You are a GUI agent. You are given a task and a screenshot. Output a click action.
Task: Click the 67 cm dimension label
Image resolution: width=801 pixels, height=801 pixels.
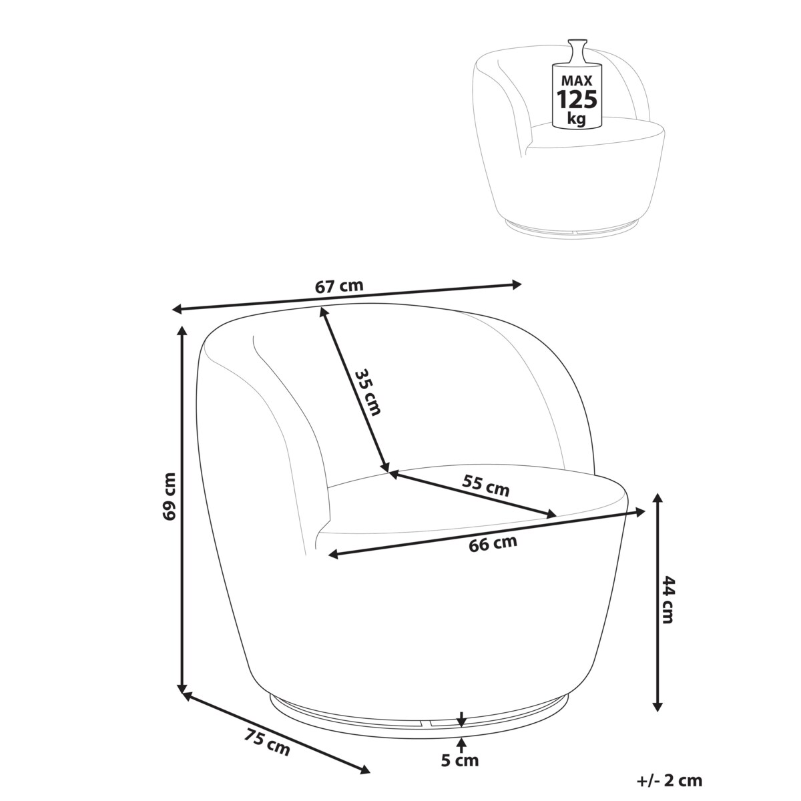[x=339, y=286]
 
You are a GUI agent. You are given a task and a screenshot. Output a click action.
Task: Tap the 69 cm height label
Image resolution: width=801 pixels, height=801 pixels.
[x=170, y=497]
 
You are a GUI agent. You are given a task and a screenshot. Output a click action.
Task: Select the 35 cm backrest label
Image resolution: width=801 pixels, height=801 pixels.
[x=367, y=392]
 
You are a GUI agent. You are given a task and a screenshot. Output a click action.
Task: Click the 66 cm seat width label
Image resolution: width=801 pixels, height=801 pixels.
[x=493, y=544]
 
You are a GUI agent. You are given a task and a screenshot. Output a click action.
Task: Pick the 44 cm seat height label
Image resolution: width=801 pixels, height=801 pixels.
[x=666, y=599]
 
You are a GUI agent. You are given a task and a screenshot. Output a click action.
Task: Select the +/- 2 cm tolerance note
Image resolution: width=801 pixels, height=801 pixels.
[x=670, y=769]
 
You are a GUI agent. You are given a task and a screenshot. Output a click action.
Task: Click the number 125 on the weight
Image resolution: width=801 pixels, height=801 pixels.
[x=577, y=99]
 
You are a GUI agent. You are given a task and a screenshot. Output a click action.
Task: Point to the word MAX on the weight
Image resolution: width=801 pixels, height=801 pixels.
[x=577, y=80]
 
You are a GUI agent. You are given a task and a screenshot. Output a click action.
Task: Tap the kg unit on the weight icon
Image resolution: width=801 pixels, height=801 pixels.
[x=577, y=119]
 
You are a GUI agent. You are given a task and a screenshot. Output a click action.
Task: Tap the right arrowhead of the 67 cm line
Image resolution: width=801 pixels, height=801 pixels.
[x=517, y=285]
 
